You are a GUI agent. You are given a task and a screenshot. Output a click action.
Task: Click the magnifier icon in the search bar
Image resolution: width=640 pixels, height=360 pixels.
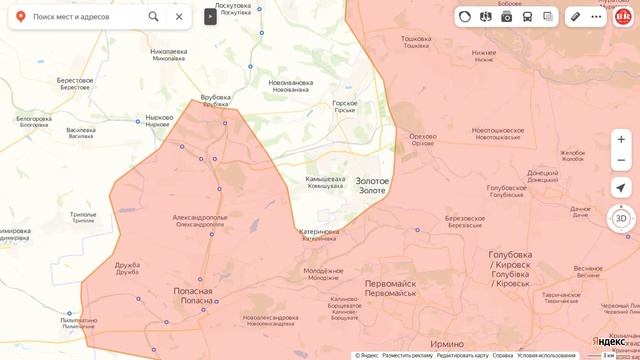click(x=153, y=17)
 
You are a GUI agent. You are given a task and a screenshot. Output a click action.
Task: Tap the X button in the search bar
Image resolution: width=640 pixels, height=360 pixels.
click(x=178, y=17)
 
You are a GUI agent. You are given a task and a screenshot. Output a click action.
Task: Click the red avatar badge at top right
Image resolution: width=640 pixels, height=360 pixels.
click(x=622, y=16)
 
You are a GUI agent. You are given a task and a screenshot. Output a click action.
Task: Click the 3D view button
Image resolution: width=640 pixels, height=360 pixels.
click(x=620, y=218)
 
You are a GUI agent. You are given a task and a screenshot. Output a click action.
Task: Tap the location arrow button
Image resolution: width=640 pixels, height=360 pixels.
click(x=620, y=187)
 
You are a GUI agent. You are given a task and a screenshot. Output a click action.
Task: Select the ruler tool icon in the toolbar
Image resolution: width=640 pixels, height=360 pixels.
click(x=575, y=16)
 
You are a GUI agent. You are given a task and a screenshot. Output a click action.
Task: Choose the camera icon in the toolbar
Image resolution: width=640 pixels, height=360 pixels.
click(x=507, y=16)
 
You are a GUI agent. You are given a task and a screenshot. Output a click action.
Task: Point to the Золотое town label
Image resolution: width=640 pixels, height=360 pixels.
click(x=373, y=185)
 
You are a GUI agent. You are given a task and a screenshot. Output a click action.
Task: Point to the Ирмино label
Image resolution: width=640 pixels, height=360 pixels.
click(x=446, y=343)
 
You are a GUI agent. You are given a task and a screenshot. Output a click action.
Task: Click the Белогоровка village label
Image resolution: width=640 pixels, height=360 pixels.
click(x=33, y=121)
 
